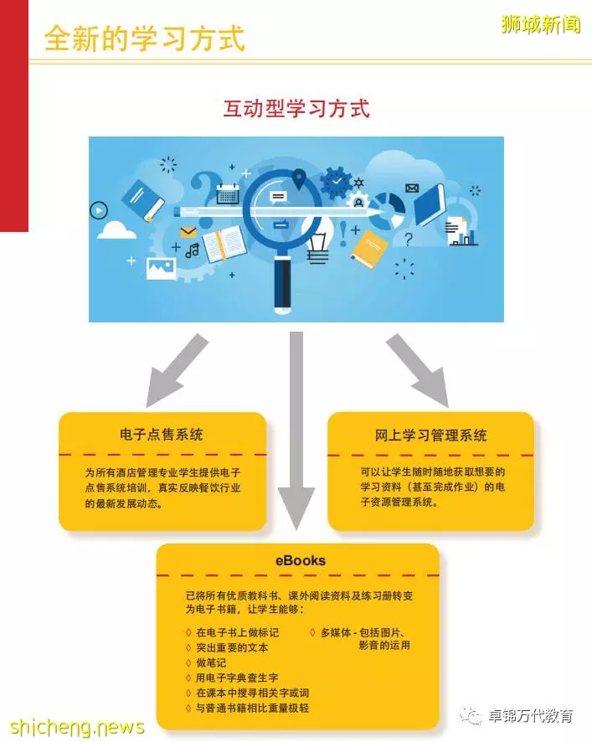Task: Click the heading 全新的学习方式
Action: [144, 38]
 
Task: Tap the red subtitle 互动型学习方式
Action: [296, 108]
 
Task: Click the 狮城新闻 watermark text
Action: [541, 24]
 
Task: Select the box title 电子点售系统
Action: [162, 435]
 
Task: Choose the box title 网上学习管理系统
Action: [430, 435]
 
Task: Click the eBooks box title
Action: [301, 561]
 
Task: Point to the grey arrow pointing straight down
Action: [296, 430]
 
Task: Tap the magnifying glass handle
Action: [282, 285]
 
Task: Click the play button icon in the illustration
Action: [99, 210]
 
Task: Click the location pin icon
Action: [299, 179]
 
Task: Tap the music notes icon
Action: [193, 250]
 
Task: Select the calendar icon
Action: [228, 194]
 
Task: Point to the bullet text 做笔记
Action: [211, 662]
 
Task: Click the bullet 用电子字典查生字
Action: [237, 678]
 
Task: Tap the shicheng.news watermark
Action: [77, 727]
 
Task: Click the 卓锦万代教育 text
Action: [531, 715]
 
